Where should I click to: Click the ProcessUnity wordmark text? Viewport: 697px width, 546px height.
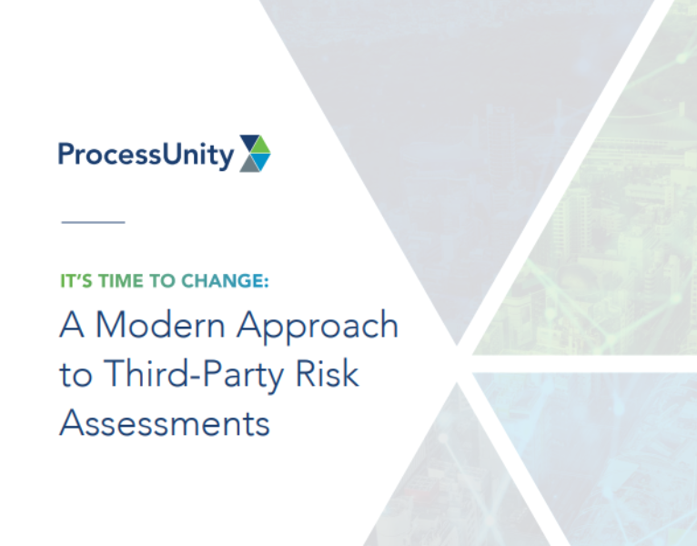click(146, 154)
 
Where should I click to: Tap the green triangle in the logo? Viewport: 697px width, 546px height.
click(262, 145)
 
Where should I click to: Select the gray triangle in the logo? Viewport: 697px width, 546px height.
click(248, 164)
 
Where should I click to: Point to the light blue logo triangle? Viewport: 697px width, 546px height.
click(262, 162)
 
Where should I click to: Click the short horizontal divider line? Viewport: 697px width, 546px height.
click(92, 221)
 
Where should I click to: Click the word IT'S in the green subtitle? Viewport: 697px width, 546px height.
click(75, 282)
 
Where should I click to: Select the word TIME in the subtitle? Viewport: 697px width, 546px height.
click(117, 282)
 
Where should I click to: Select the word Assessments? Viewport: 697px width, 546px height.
click(164, 423)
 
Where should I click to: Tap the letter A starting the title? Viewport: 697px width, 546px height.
click(71, 326)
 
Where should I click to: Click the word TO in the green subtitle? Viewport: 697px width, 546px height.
click(160, 282)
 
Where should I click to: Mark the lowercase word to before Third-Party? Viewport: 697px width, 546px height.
click(75, 375)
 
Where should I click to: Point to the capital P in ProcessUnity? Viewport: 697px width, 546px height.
click(66, 154)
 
